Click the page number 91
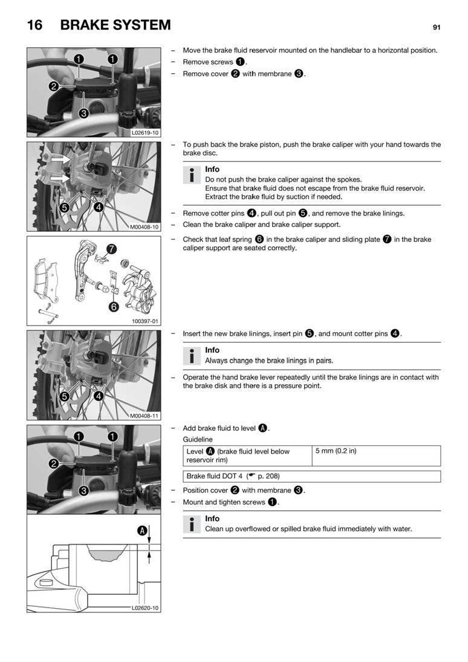click(x=436, y=27)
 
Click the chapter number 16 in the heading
click(x=34, y=25)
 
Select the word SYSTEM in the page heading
click(x=141, y=25)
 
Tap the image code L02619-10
click(x=145, y=132)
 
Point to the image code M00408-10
click(x=145, y=227)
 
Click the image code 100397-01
click(x=146, y=321)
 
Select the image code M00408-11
click(x=145, y=416)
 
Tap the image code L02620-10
click(x=145, y=608)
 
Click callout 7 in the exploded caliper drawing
click(x=111, y=249)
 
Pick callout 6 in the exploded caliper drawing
click(x=112, y=307)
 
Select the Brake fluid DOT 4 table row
click(x=311, y=476)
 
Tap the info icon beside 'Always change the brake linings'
click(x=192, y=356)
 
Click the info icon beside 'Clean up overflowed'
click(x=192, y=524)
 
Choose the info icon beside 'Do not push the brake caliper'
click(x=192, y=175)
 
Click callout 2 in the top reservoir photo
click(x=54, y=87)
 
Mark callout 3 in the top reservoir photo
click(x=84, y=113)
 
